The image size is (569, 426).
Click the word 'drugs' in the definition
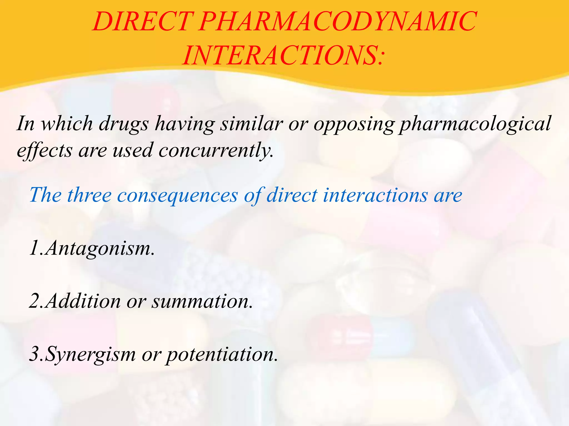(x=124, y=124)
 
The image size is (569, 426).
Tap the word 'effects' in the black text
(x=44, y=150)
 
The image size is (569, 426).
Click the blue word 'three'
(x=89, y=195)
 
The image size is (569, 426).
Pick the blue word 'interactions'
(x=375, y=195)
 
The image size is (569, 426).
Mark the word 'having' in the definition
(x=185, y=124)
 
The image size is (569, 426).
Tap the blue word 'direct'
(x=292, y=195)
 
